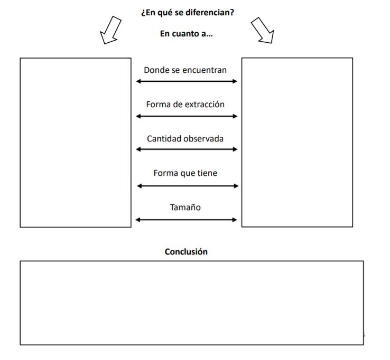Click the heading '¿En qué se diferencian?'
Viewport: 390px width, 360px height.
coord(188,13)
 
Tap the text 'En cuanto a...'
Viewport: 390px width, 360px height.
coord(187,34)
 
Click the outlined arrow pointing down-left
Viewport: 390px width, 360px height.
coord(110,30)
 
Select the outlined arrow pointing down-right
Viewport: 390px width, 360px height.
coord(263,30)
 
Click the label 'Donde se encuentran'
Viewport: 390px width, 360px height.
coord(185,70)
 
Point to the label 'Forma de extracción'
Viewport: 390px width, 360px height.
coord(185,105)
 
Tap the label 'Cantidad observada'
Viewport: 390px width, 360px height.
coord(185,139)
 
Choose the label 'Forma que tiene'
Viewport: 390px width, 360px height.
coord(185,173)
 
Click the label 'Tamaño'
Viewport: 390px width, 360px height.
coord(185,207)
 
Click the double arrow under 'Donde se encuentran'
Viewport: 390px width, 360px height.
coord(187,81)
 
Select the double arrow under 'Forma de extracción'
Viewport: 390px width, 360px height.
coord(187,116)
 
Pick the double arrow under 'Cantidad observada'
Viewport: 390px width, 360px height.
coord(187,149)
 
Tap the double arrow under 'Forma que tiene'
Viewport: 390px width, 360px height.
coord(188,186)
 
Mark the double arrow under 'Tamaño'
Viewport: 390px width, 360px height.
coord(186,220)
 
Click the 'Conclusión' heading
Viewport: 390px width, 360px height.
coord(186,252)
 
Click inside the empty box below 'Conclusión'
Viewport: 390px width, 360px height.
coord(192,303)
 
